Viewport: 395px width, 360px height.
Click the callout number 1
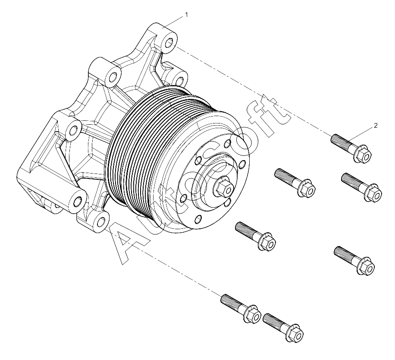click(x=186, y=15)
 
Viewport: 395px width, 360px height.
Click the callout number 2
click(x=376, y=126)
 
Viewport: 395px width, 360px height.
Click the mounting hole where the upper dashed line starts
click(x=169, y=43)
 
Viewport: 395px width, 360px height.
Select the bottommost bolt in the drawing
click(x=283, y=328)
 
